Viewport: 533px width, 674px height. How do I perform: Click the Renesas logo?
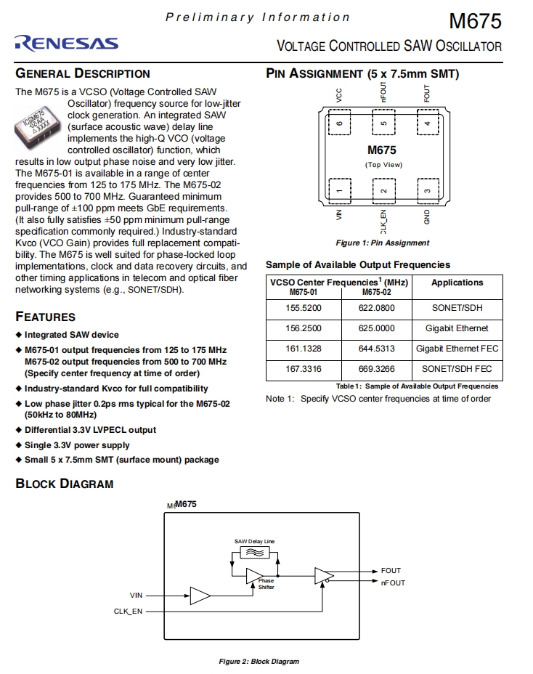(66, 44)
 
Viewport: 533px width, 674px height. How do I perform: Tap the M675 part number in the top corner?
(476, 20)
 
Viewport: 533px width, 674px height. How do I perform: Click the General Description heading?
(83, 73)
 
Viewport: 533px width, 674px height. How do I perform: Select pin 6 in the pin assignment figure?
(338, 123)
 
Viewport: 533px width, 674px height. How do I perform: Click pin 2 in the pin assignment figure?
(383, 190)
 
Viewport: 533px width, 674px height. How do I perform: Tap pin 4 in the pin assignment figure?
(428, 123)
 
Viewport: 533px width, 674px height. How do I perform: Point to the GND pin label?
(428, 217)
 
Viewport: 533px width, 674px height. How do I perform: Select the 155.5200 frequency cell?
(304, 308)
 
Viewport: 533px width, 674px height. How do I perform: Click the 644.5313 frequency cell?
(376, 349)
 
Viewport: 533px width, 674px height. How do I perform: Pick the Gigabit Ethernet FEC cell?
(457, 349)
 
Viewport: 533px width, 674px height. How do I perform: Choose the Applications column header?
(457, 283)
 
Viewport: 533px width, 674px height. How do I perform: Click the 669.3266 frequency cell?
(376, 369)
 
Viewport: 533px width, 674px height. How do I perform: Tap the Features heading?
(45, 317)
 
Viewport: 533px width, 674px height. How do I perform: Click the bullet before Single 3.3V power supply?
(19, 445)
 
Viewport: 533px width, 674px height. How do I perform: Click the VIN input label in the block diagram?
(136, 596)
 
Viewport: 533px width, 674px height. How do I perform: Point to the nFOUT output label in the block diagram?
(393, 582)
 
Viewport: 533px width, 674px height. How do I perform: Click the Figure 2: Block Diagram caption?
(259, 662)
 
